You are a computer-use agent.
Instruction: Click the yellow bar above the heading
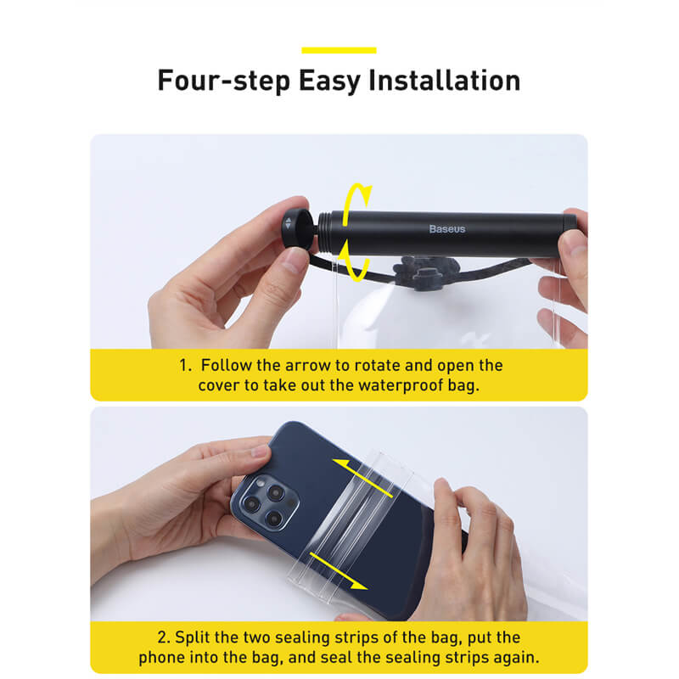pyautogui.click(x=339, y=50)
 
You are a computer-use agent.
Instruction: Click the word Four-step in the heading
pyautogui.click(x=224, y=81)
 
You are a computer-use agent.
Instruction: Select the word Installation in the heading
pyautogui.click(x=444, y=80)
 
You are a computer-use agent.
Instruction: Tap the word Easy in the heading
pyautogui.click(x=329, y=81)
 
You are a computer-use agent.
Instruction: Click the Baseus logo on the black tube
pyautogui.click(x=447, y=228)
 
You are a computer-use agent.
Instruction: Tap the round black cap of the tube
pyautogui.click(x=297, y=229)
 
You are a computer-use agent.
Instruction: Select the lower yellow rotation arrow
pyautogui.click(x=354, y=261)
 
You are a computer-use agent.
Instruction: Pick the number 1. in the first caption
pyautogui.click(x=185, y=365)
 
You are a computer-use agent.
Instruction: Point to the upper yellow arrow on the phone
pyautogui.click(x=363, y=478)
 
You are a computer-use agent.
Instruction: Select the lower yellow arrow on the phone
pyautogui.click(x=339, y=570)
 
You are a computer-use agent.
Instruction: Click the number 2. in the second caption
pyautogui.click(x=164, y=637)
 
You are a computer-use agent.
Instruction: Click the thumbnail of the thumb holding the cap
pyautogui.click(x=296, y=261)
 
